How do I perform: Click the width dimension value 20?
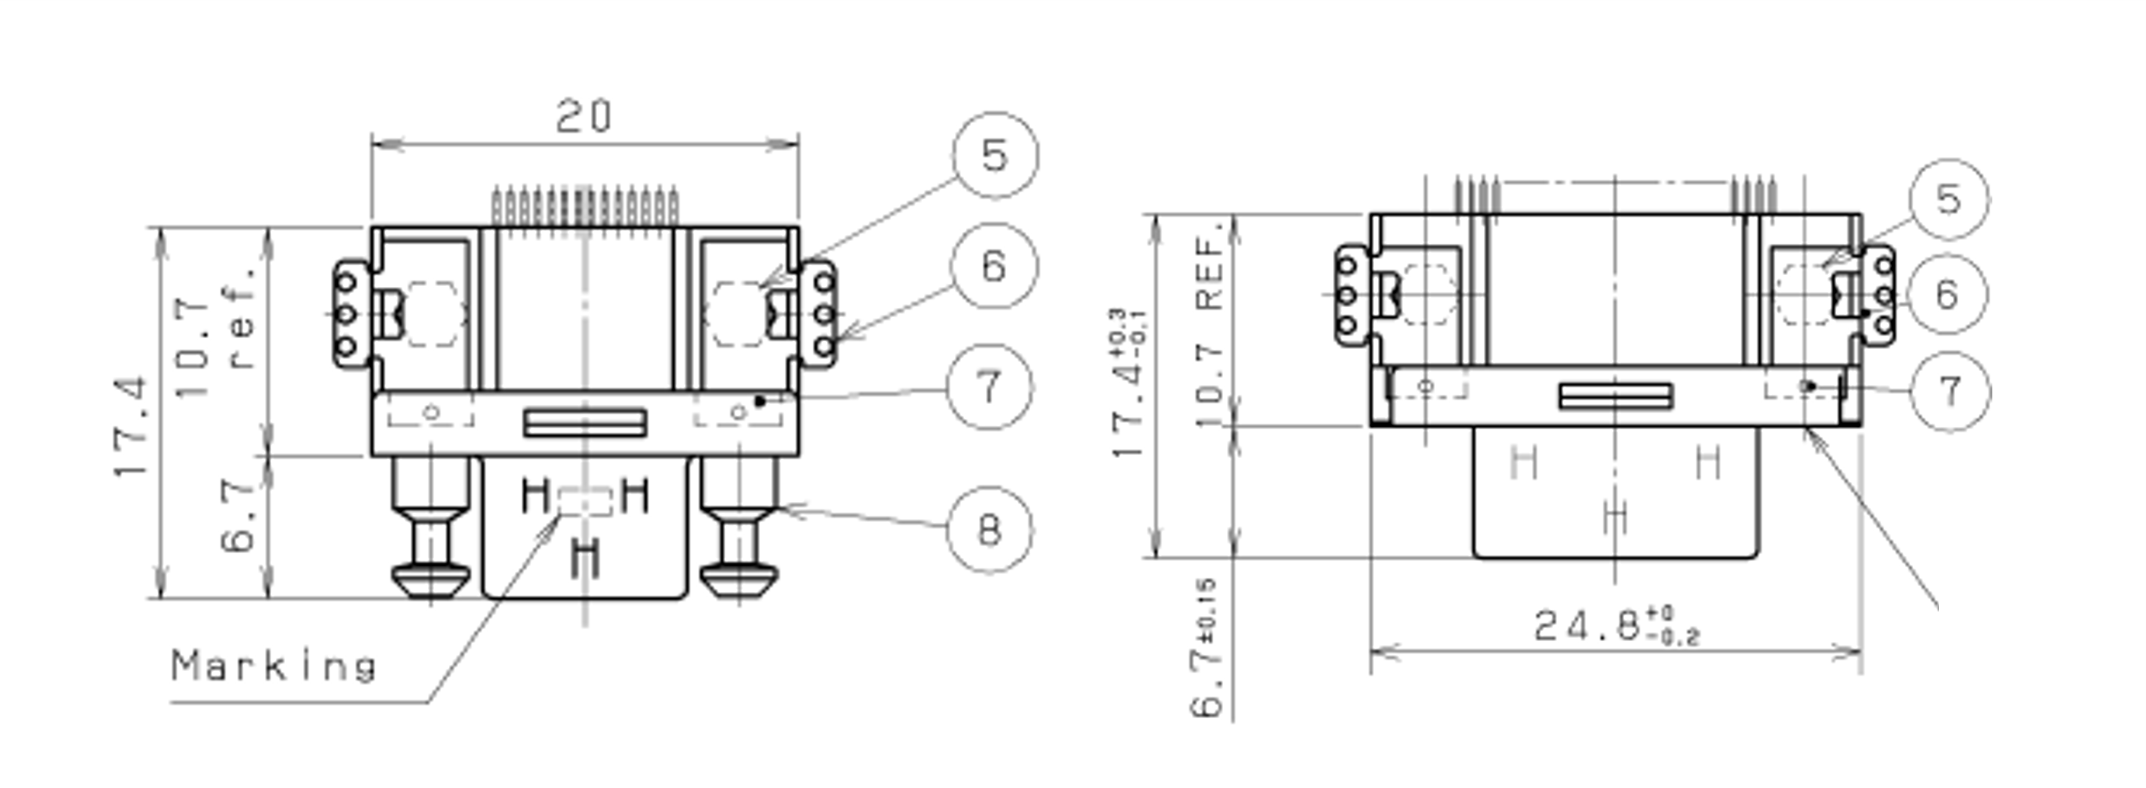(x=584, y=116)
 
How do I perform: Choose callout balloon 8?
(x=990, y=530)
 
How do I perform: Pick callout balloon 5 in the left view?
(x=996, y=155)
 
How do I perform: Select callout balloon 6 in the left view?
(x=994, y=266)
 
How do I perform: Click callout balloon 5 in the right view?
(x=1948, y=200)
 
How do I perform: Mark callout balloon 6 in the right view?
(x=1947, y=295)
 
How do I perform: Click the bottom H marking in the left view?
(x=587, y=558)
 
